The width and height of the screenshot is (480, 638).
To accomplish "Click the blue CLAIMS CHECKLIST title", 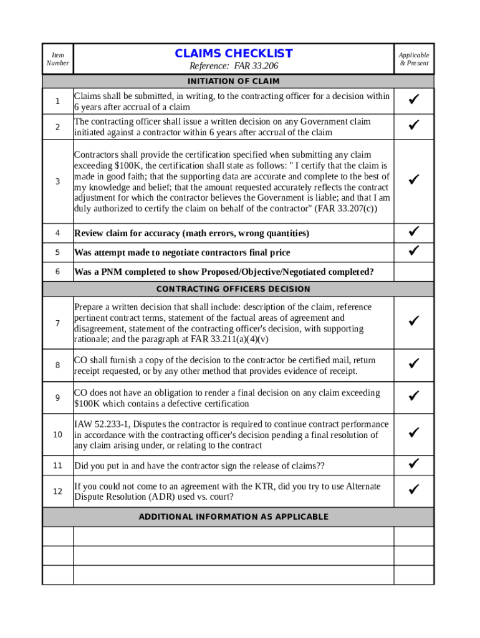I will point(233,54).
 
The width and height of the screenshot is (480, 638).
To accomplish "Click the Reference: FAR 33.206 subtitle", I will point(233,67).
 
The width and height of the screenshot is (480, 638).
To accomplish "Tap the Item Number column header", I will point(57,59).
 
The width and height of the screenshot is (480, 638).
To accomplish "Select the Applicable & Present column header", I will point(414,59).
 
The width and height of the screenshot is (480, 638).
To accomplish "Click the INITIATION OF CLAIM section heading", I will point(233,82).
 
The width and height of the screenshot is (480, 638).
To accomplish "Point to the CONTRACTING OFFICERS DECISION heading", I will point(233,289).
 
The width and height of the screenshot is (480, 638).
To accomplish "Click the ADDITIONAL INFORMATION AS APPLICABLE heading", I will point(233,517).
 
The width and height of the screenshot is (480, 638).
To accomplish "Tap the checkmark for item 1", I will point(413,100).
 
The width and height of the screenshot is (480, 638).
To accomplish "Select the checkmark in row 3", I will point(413,180).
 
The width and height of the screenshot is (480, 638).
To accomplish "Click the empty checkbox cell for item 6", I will point(413,272).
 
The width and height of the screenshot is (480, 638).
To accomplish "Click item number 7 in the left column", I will point(57,323).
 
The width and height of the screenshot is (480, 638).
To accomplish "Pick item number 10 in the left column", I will point(57,435).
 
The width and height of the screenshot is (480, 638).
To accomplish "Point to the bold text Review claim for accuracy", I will point(127,234).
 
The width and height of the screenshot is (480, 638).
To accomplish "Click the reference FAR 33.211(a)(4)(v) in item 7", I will point(230,340).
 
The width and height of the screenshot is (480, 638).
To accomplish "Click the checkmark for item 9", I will point(413,396).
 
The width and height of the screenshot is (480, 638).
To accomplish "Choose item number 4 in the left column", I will point(57,233).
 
